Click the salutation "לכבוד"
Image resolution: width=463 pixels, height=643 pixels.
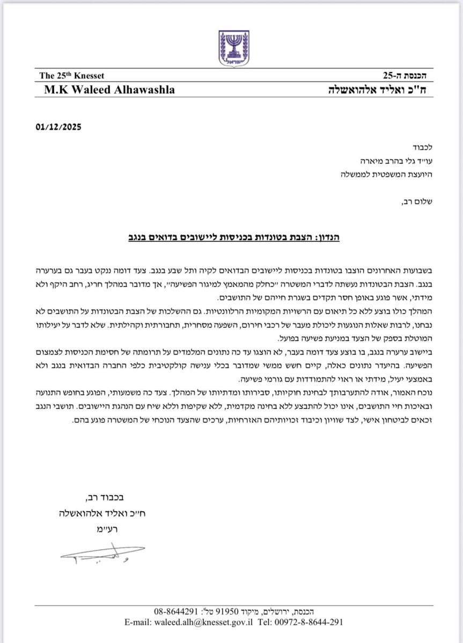414,146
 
